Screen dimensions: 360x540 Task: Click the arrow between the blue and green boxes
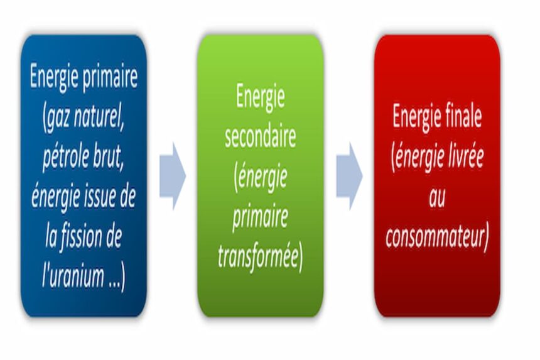click(x=173, y=176)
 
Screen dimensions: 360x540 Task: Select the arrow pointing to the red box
click(x=350, y=176)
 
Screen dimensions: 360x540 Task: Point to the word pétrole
click(x=67, y=157)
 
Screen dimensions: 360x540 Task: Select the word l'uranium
click(x=73, y=277)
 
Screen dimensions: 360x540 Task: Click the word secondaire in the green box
click(x=261, y=138)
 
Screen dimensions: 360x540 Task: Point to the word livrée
click(x=462, y=157)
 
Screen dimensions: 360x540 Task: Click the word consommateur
click(x=436, y=237)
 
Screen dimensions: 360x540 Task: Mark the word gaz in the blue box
click(x=55, y=117)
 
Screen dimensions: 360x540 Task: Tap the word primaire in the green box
click(x=261, y=218)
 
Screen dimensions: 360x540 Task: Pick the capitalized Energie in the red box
click(x=415, y=117)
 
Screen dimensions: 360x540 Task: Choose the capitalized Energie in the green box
click(x=261, y=97)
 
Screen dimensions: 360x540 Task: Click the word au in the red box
click(x=438, y=197)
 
